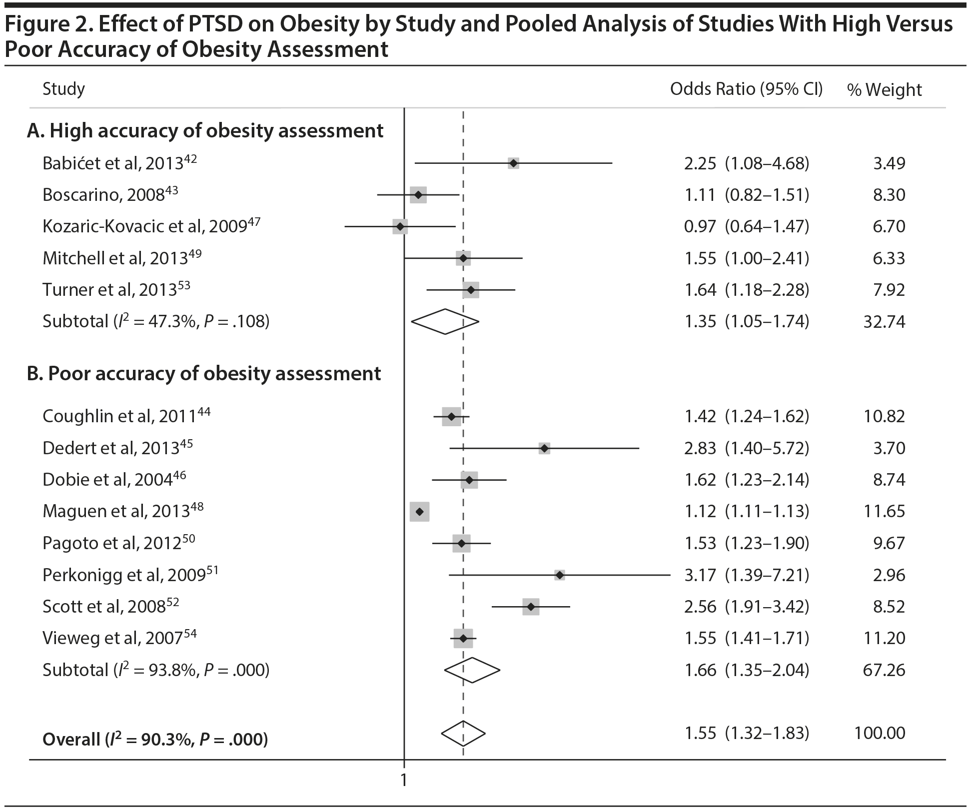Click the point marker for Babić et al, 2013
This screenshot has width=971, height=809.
[x=513, y=163]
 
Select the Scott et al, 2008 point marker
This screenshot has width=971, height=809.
[x=531, y=607]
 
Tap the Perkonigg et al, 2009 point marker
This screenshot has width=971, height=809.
[x=560, y=575]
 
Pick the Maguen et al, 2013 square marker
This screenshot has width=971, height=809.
[x=419, y=512]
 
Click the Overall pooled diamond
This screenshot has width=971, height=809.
[x=463, y=734]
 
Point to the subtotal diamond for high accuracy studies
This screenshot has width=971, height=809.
[x=445, y=321]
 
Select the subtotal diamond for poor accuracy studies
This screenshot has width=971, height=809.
[x=472, y=670]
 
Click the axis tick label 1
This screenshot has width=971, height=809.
[x=404, y=780]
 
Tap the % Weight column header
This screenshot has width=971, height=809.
[x=884, y=90]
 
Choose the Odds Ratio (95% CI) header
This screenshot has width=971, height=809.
[x=746, y=89]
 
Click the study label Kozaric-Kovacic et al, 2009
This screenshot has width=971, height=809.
[x=151, y=226]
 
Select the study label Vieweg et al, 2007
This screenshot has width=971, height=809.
[x=119, y=638]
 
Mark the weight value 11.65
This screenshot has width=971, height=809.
[x=884, y=512]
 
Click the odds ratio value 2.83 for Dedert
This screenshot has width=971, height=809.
[x=700, y=448]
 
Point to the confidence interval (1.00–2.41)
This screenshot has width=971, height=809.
[x=767, y=258]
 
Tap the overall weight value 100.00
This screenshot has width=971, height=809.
[x=880, y=734]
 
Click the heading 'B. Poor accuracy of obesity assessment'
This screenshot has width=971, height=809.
[x=204, y=374]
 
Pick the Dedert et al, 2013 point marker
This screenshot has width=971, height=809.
[x=544, y=448]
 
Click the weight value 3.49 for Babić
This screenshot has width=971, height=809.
[x=889, y=163]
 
